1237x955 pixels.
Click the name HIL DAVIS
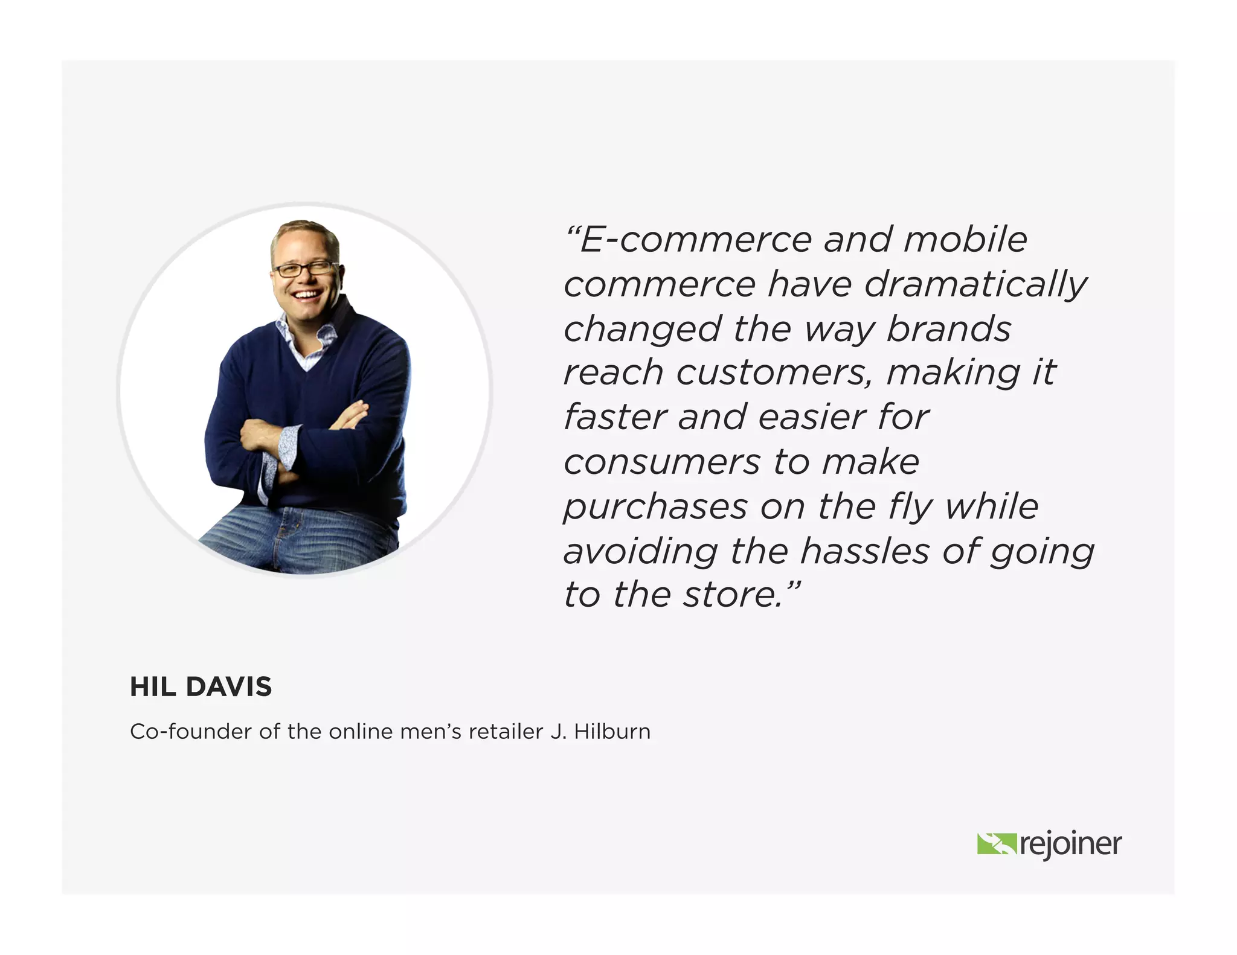(201, 687)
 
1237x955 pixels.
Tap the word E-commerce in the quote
(695, 240)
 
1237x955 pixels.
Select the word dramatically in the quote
(975, 285)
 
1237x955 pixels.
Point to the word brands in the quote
(949, 330)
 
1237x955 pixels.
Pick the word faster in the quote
(614, 417)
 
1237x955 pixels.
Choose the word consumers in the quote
(662, 462)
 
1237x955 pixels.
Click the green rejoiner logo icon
(997, 844)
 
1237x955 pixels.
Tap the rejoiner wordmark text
(1071, 844)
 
